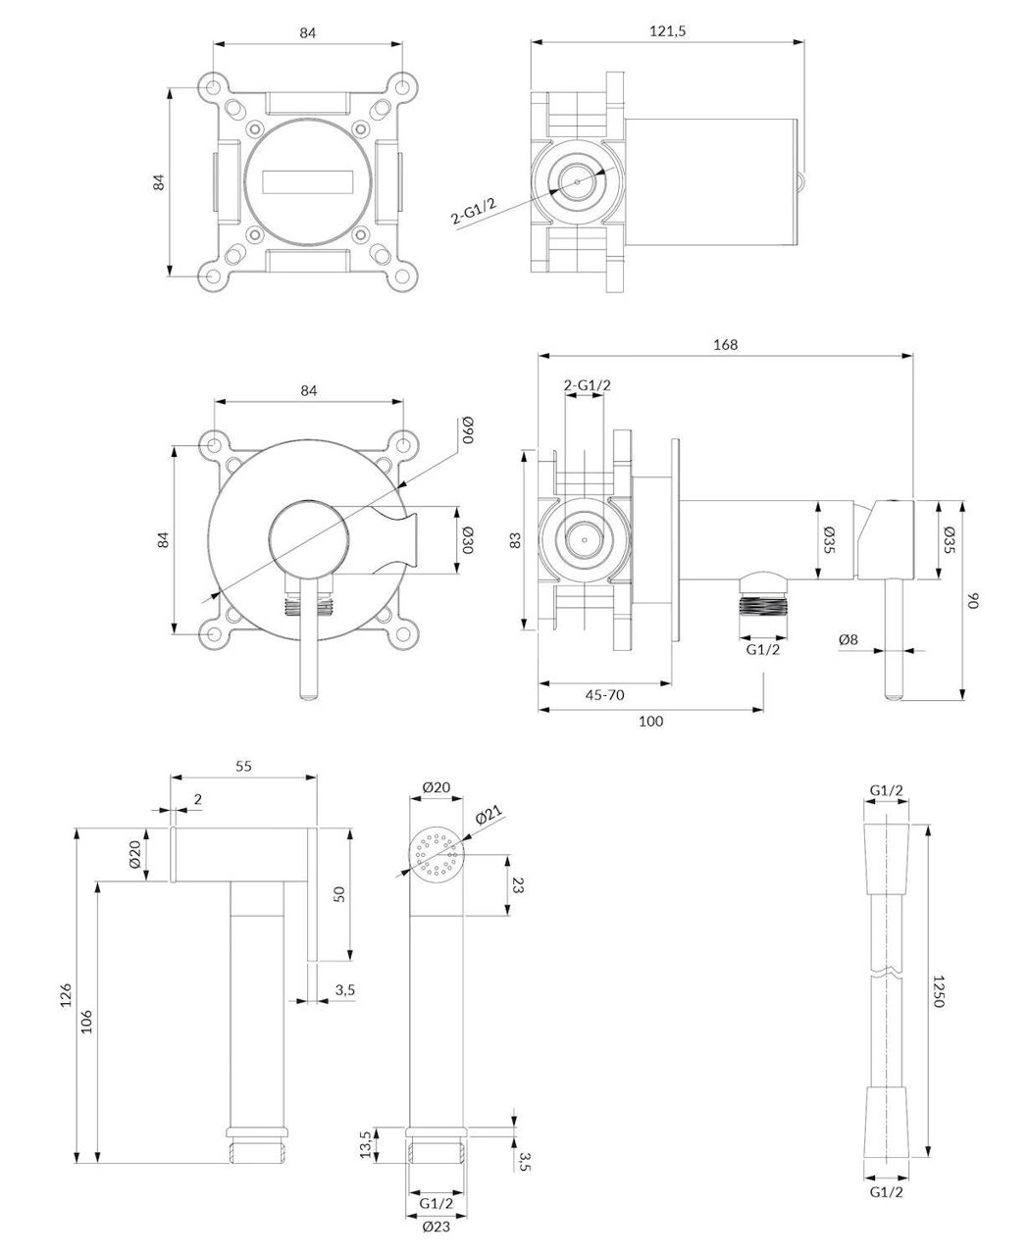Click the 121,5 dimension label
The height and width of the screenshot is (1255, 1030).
point(667,31)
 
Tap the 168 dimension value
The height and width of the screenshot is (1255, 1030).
point(725,344)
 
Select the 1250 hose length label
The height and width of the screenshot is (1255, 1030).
point(938,991)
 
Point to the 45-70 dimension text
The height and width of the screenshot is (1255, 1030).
point(604,694)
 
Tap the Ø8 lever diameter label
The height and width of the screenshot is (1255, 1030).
point(849,639)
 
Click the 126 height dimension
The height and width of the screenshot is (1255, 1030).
point(66,994)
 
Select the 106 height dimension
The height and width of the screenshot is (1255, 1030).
point(87,1021)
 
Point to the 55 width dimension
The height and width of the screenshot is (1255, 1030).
point(244,767)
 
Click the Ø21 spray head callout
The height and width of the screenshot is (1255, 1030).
point(489,817)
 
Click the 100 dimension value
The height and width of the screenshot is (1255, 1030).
point(650,721)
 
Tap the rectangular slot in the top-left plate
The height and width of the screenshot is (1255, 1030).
point(307,182)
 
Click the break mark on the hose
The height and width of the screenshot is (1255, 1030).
point(888,976)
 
